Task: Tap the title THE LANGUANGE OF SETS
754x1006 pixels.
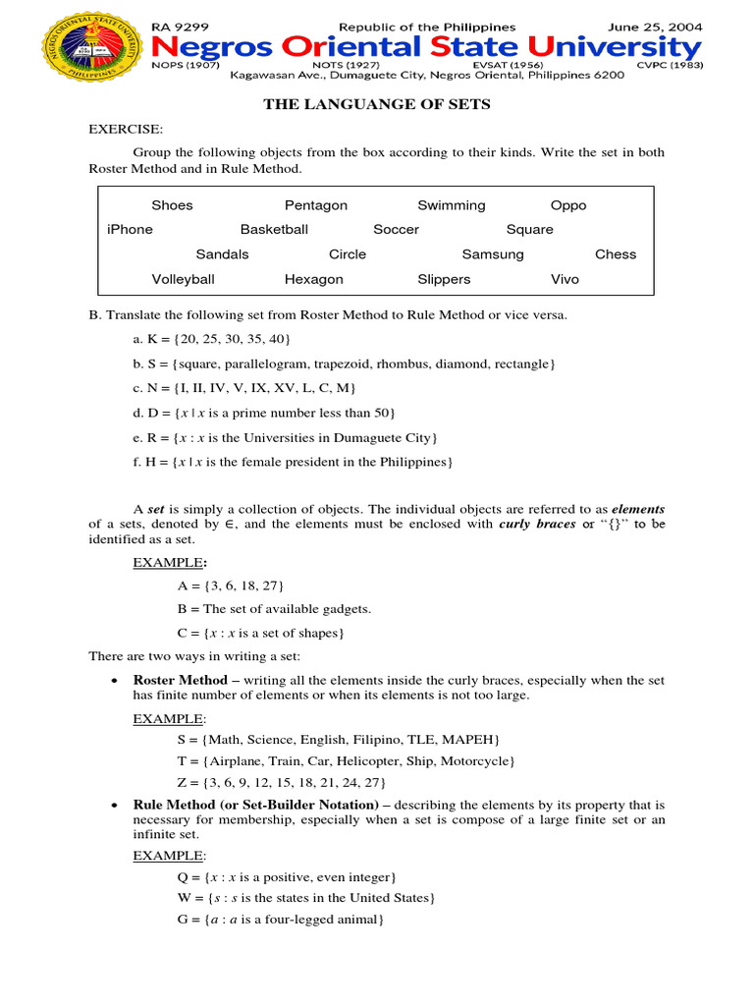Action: [376, 105]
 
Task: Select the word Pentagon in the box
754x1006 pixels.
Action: [315, 205]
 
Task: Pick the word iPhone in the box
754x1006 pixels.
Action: [130, 230]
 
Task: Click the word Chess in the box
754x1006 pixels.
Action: [616, 254]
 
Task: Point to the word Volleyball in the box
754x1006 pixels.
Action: [183, 279]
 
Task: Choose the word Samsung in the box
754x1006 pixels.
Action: [493, 254]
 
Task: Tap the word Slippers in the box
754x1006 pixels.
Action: [444, 279]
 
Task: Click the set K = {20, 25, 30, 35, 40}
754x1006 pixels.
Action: [211, 339]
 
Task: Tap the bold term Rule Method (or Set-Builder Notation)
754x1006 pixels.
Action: [255, 805]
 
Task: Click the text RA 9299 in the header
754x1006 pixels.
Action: [182, 27]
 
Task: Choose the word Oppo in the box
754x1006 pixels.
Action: [568, 205]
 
